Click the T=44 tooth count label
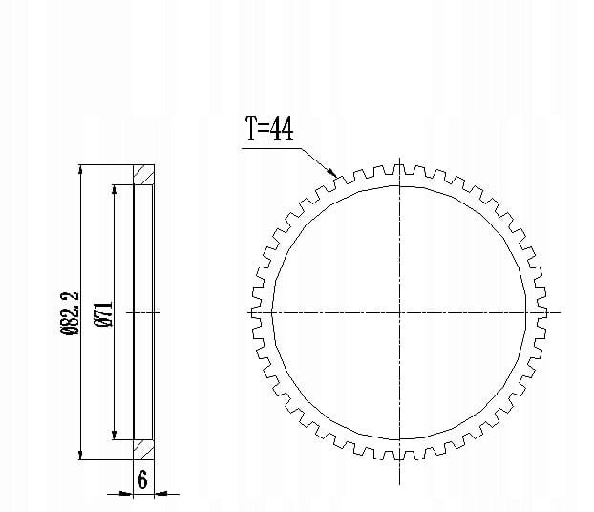click(269, 129)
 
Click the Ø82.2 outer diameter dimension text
click(70, 313)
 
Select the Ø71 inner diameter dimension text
click(103, 314)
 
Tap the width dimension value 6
click(142, 480)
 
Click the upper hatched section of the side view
click(143, 175)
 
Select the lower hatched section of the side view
click(143, 450)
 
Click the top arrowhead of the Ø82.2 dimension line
click(80, 170)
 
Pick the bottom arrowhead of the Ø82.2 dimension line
click(80, 455)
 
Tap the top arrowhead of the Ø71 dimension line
click(114, 190)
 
